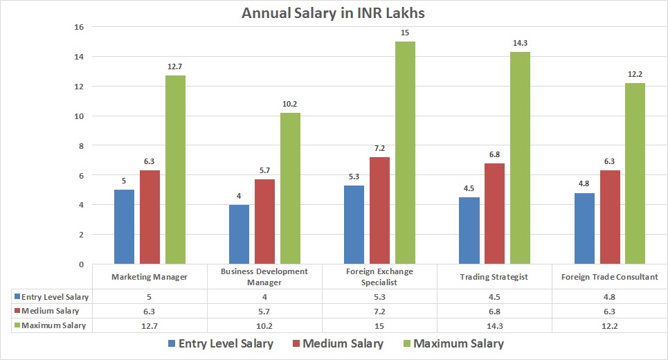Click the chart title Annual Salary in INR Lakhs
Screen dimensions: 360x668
click(334, 13)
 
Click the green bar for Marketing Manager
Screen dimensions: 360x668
click(175, 170)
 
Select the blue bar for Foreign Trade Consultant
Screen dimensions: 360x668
click(584, 228)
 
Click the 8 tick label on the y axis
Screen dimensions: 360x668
click(80, 145)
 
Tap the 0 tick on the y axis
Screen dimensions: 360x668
click(80, 264)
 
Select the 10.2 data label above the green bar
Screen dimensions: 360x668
click(289, 104)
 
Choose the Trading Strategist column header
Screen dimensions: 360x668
click(494, 277)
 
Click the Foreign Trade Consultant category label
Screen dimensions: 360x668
click(609, 277)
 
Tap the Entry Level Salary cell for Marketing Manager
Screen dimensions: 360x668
click(150, 296)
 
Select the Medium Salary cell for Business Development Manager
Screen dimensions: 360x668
click(264, 311)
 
